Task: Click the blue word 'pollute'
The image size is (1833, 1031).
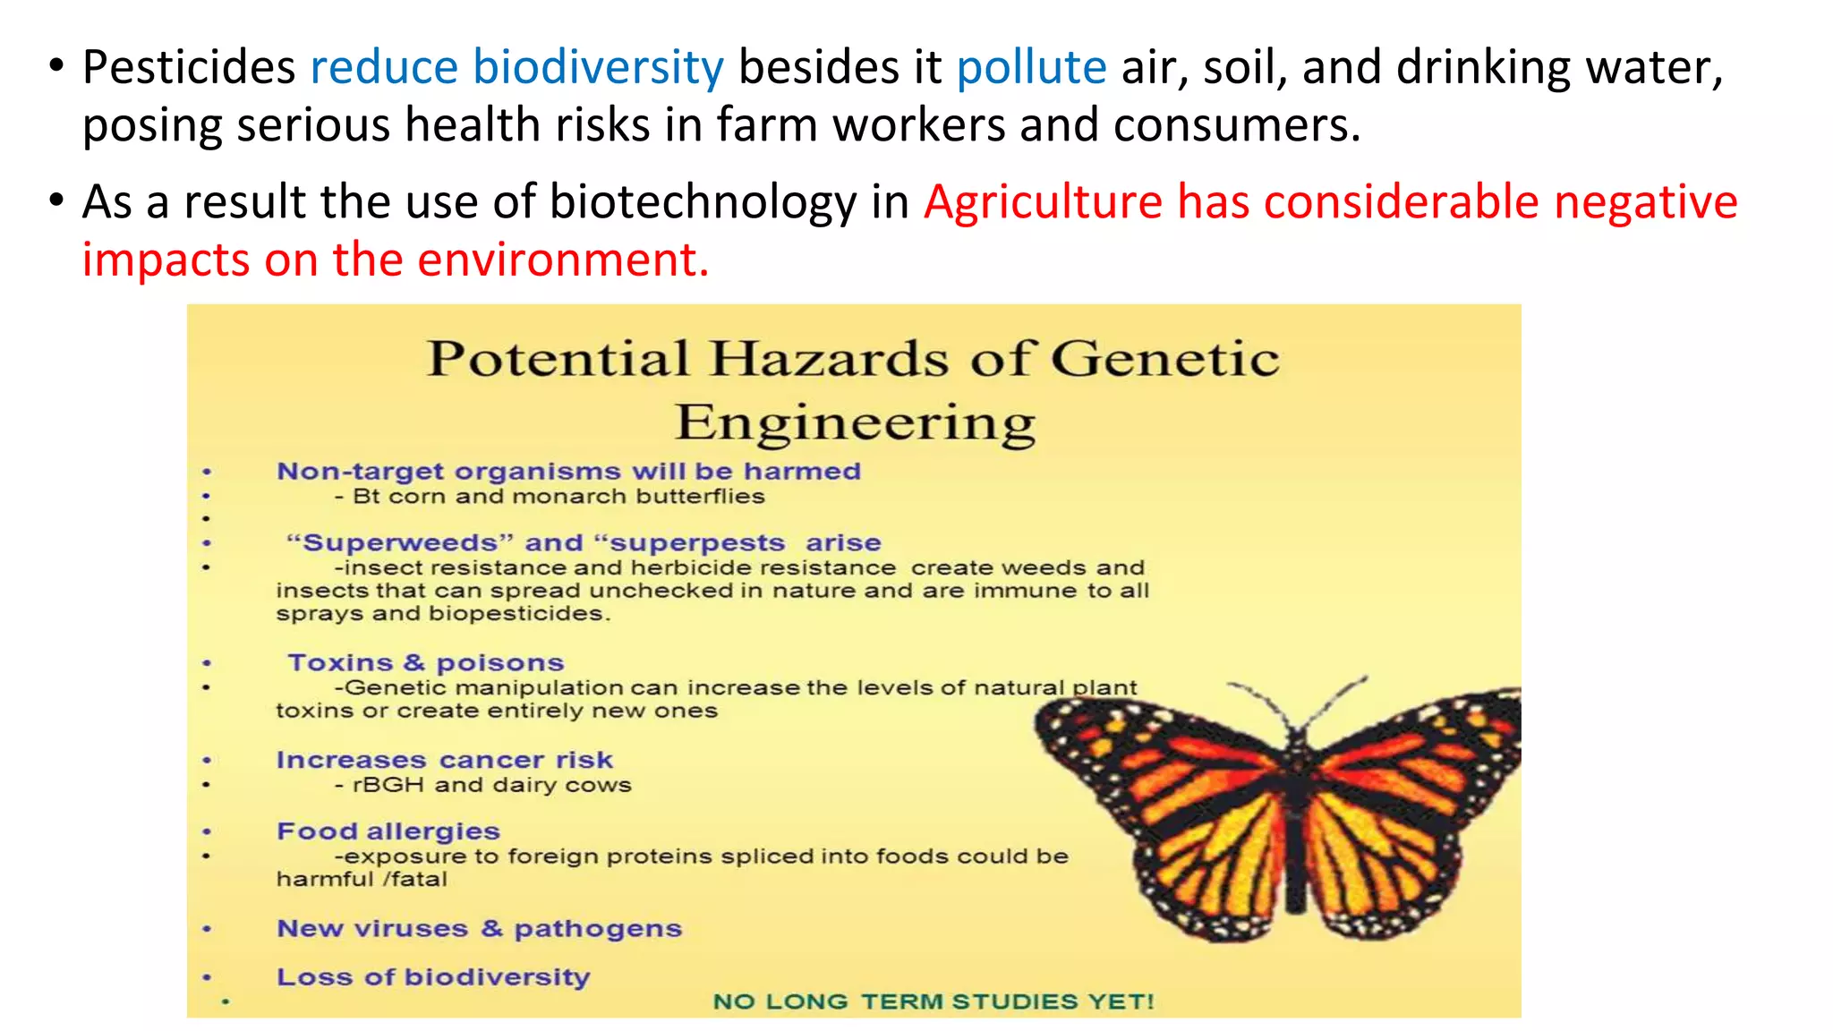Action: click(x=1031, y=68)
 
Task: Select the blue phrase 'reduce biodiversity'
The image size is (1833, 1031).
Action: click(x=516, y=68)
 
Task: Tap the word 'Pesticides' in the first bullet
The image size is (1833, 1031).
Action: click(x=189, y=68)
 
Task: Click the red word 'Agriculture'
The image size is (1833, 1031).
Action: click(x=1043, y=202)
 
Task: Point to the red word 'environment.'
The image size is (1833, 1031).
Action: click(x=563, y=260)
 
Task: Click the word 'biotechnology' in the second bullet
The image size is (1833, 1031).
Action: click(x=703, y=202)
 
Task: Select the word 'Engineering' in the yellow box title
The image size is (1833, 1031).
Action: click(x=855, y=422)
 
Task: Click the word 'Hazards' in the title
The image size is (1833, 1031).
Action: click(x=830, y=359)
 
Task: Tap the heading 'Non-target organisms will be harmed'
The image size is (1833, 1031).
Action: click(x=568, y=471)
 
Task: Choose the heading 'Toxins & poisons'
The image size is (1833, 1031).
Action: click(x=426, y=663)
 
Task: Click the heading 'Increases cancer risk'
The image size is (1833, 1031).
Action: click(x=445, y=760)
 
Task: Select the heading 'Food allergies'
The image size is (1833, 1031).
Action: click(x=388, y=831)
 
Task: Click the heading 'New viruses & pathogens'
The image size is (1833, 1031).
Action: click(x=480, y=928)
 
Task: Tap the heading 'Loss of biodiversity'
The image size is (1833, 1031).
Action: click(x=433, y=976)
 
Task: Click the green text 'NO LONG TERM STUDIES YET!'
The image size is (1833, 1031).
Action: click(x=934, y=1001)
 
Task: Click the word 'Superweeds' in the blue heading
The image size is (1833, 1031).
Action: click(x=400, y=543)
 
